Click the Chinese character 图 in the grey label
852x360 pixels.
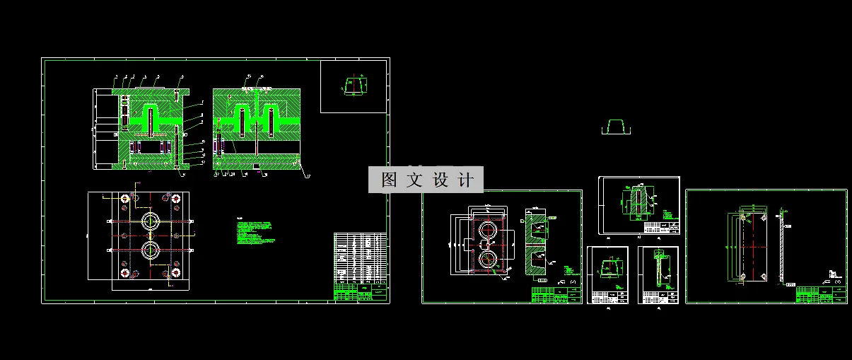point(389,180)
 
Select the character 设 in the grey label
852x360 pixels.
point(440,180)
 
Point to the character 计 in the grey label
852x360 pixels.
point(466,180)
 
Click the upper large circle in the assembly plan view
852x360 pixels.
point(150,220)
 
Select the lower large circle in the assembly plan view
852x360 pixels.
point(150,250)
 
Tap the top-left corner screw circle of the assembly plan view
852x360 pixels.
point(124,199)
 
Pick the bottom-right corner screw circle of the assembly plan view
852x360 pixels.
point(175,272)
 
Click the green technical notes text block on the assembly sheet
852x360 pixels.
point(256,233)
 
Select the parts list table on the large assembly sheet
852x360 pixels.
point(360,258)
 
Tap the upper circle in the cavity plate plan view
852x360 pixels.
point(487,230)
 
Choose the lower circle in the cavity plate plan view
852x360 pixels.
point(487,260)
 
